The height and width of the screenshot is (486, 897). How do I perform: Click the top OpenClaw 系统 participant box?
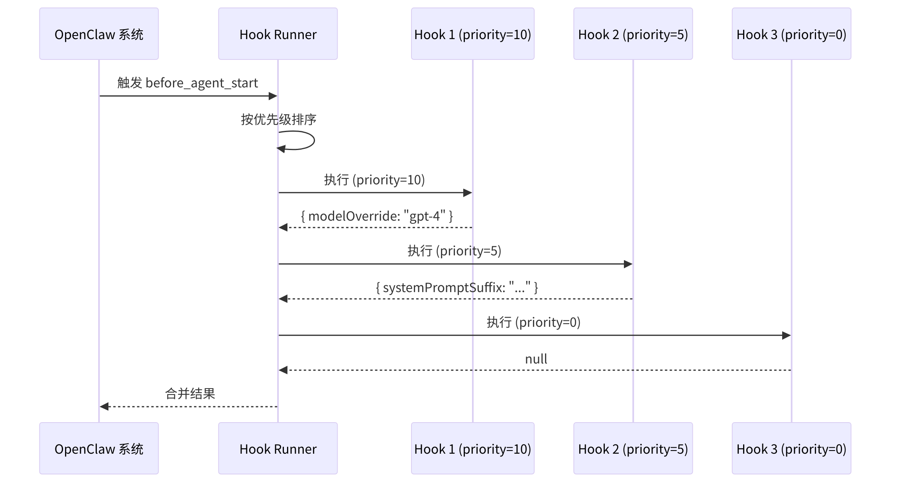[99, 34]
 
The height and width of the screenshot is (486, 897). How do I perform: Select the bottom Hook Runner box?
[278, 448]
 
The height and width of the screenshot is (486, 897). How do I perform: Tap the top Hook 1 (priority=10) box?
[472, 34]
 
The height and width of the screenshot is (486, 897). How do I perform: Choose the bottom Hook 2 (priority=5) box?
[633, 448]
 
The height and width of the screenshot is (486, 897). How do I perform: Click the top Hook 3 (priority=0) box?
[791, 34]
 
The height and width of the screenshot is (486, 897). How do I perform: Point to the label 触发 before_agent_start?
[187, 83]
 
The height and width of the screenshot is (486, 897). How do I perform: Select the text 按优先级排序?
[278, 119]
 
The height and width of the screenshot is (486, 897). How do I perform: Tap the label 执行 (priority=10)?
[374, 180]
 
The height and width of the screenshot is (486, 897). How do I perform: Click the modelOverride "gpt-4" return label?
[377, 216]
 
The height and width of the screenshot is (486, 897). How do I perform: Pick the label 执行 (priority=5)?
[454, 251]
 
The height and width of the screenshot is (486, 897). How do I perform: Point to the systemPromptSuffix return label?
[456, 287]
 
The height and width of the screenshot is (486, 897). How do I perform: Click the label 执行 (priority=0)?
[533, 322]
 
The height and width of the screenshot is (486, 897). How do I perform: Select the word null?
[536, 359]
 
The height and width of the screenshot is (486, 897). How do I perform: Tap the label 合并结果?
[190, 394]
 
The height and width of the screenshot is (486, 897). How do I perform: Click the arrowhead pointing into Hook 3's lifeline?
[786, 336]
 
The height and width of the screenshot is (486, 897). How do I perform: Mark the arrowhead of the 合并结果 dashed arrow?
[104, 407]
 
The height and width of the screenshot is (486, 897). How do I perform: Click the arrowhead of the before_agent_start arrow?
[273, 96]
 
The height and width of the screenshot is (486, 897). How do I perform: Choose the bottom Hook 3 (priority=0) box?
[791, 448]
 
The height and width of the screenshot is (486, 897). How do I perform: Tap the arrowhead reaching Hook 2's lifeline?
[628, 264]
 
